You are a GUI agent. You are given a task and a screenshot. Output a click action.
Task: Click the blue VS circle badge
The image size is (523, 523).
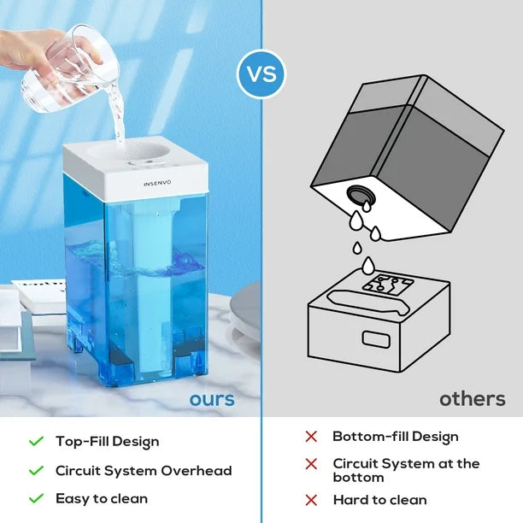point(261,73)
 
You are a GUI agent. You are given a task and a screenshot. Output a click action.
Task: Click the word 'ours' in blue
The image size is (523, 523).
point(211,399)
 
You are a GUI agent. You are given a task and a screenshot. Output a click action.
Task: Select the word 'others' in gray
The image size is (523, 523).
point(472,399)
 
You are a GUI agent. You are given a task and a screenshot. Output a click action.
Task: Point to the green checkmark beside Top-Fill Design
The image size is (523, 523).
point(36,442)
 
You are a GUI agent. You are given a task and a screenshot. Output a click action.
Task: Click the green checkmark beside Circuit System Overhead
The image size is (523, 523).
point(36,471)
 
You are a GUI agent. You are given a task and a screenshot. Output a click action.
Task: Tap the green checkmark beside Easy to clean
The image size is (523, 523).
point(36,499)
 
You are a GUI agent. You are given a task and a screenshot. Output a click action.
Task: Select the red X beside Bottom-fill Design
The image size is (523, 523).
point(311,437)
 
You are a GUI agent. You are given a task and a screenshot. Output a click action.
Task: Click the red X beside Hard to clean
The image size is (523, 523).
point(311,500)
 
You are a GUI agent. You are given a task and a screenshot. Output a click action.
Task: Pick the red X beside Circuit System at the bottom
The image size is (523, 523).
point(311,464)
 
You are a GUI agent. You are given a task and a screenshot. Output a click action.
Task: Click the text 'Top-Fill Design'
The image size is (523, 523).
point(108,442)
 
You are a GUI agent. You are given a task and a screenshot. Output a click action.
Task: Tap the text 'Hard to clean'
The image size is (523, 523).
point(379,500)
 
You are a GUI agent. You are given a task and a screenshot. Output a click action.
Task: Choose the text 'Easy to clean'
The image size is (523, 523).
point(102,498)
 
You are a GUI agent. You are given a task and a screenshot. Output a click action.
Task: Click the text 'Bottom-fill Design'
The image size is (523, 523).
point(396,437)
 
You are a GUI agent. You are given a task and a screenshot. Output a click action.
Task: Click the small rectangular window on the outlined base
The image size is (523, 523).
point(376,338)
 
